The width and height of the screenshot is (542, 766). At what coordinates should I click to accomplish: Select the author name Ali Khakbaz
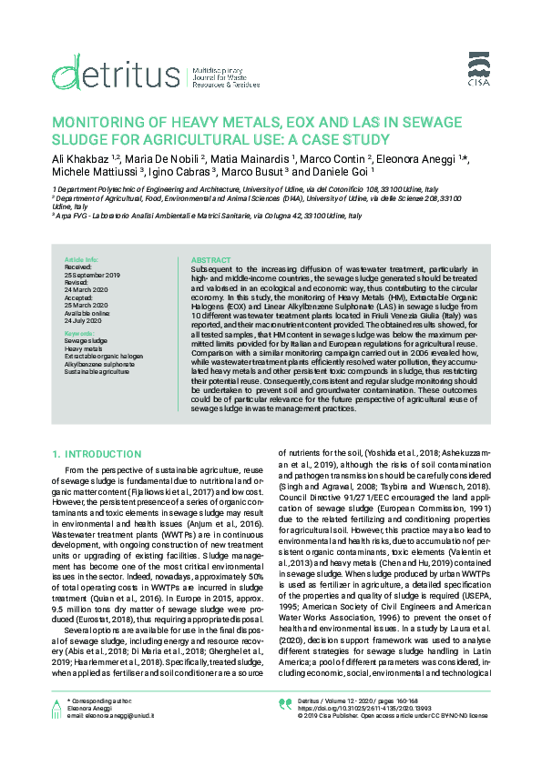point(80,159)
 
